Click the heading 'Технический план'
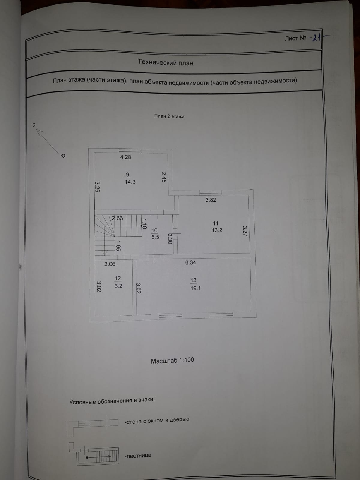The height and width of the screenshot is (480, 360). coord(165,63)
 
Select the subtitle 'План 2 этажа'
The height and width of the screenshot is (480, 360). coord(169,116)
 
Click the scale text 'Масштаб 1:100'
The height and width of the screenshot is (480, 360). coord(172,360)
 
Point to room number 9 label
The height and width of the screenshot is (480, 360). coord(127,174)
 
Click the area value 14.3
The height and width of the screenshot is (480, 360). coord(130,182)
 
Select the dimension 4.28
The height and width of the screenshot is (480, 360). coord(125,157)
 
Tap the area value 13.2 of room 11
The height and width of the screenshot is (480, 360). coord(217,230)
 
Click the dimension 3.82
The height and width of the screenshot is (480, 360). coord(211,200)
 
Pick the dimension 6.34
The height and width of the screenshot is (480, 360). coord(190,262)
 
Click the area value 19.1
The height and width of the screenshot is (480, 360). coord(195,288)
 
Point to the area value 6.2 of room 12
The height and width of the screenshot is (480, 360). coord(118,286)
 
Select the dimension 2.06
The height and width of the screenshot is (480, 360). coord(110,264)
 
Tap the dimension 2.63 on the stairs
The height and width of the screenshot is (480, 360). coord(117,218)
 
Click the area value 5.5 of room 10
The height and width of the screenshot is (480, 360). coord(155,237)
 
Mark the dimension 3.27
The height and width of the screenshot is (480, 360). coord(244,231)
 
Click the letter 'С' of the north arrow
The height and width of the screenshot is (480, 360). coord(34,125)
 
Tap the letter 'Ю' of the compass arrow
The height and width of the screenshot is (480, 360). coord(63,155)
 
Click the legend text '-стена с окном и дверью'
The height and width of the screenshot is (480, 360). coord(157,420)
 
